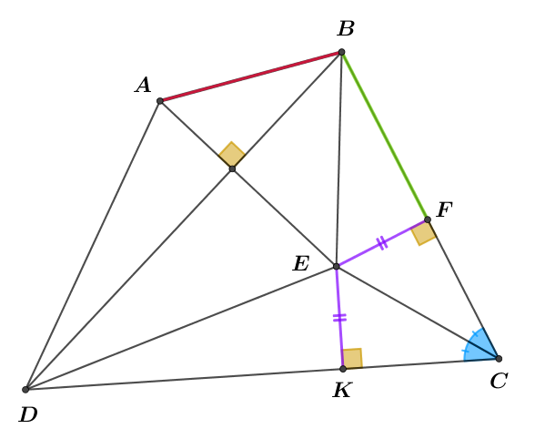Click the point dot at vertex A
point(160,101)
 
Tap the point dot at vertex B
point(342,52)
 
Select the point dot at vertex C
point(499,359)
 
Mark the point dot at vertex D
point(25,390)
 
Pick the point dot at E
point(336,267)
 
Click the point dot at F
point(428,219)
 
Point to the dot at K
point(343,369)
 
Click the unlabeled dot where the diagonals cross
point(233,169)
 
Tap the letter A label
point(143,86)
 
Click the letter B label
point(346,28)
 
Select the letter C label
point(500,381)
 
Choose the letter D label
point(28,414)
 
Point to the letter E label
point(301,263)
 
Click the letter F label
point(444,209)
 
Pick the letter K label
point(343,390)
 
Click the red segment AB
point(250,77)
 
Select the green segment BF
point(385,136)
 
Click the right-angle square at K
point(352,358)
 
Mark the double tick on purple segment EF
point(381,242)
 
